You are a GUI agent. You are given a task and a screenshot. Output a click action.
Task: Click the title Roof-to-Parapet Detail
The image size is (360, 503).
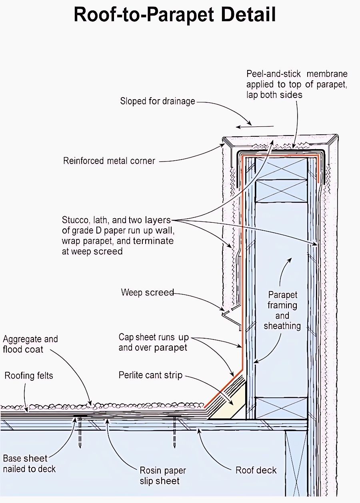(x=175, y=15)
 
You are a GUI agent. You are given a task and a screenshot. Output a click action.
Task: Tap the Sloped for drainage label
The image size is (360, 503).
(x=158, y=101)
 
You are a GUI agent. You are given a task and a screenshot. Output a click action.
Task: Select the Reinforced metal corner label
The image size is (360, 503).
(x=109, y=161)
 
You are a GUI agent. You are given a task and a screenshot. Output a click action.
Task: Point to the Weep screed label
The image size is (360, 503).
(x=147, y=292)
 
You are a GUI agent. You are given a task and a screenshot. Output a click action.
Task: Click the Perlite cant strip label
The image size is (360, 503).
(x=150, y=375)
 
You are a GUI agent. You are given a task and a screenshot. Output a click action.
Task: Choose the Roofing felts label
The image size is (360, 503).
(x=29, y=375)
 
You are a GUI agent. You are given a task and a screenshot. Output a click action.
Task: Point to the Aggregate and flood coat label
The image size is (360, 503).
(x=30, y=344)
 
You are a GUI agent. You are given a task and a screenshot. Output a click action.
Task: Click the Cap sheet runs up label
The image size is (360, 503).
(x=154, y=337)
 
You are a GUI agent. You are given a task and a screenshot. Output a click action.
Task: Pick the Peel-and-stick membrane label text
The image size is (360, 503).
(x=297, y=84)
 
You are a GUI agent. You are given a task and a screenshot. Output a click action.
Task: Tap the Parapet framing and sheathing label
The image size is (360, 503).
(x=282, y=310)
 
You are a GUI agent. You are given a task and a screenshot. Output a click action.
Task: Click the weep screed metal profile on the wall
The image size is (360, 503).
(x=232, y=317)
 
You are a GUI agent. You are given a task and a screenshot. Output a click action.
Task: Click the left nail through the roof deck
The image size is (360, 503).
(x=80, y=429)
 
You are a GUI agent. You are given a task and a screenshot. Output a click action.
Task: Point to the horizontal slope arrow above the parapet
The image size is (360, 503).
(x=255, y=127)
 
